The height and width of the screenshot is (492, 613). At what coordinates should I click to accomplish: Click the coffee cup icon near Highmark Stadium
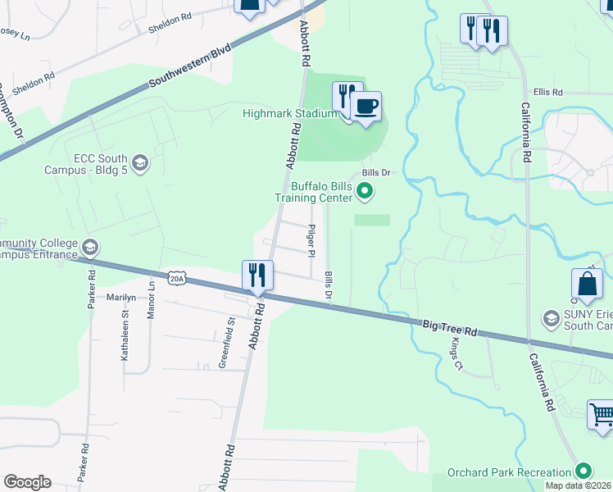[366, 106]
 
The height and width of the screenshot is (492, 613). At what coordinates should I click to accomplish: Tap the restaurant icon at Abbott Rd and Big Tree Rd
[257, 275]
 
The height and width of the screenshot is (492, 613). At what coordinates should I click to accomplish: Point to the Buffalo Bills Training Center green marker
[366, 192]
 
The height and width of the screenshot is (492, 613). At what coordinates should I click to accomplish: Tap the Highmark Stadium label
[289, 113]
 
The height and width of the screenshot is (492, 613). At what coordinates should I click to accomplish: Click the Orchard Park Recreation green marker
[583, 471]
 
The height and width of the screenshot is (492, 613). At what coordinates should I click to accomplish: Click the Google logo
[27, 482]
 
